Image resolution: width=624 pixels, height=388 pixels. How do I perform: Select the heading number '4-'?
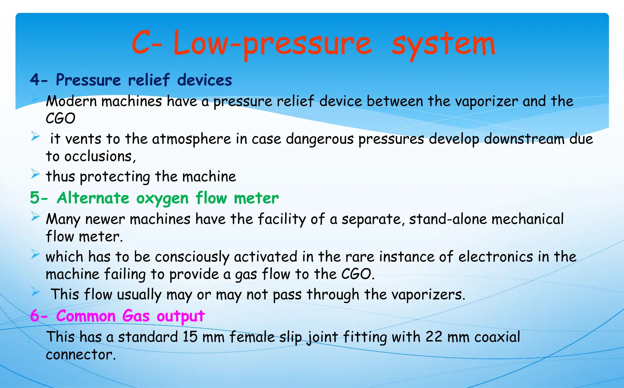tap(39, 80)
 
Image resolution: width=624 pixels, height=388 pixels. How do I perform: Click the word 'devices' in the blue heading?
tap(204, 80)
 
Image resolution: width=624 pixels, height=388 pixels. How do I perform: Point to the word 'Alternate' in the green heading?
tap(93, 198)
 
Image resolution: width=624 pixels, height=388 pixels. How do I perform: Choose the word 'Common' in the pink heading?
tap(86, 316)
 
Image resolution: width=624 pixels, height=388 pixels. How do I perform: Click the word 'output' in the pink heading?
tap(180, 316)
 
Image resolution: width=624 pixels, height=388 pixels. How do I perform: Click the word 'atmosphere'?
tap(191, 139)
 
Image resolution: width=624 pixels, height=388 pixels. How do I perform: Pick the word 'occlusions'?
tap(98, 157)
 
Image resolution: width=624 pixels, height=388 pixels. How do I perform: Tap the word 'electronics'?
tap(496, 257)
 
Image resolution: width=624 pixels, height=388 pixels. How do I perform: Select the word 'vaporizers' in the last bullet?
tap(426, 295)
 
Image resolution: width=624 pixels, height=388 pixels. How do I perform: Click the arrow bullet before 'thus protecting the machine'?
tap(35, 175)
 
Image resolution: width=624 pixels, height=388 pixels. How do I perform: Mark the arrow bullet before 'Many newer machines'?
tap(35, 217)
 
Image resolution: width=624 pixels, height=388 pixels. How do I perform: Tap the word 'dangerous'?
tap(320, 139)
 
